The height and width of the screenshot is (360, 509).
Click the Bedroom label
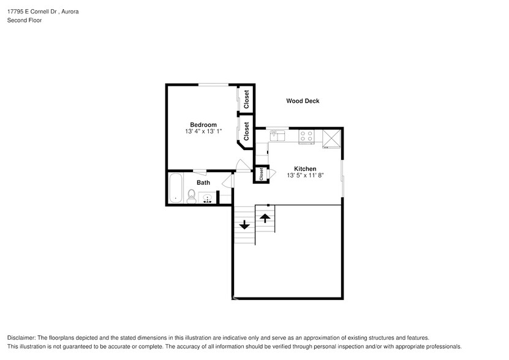[x=203, y=124]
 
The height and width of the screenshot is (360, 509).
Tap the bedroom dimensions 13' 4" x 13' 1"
[x=203, y=131]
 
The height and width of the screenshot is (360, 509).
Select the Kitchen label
[x=304, y=168]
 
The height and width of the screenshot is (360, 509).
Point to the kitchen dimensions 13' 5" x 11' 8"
[x=304, y=175]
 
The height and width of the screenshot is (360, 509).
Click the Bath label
[x=203, y=182]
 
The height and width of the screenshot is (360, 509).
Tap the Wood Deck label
[x=303, y=101]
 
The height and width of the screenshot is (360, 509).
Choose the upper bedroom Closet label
[x=246, y=99]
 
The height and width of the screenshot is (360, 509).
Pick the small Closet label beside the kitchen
[x=260, y=174]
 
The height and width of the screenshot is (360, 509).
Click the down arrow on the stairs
[x=244, y=225]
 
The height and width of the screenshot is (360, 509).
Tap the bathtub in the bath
[x=175, y=189]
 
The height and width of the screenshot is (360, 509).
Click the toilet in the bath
[x=191, y=196]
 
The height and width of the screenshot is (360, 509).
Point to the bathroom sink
[x=206, y=198]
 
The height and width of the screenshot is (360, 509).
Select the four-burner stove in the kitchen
[x=306, y=137]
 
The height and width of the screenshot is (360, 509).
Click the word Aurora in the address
[x=70, y=12]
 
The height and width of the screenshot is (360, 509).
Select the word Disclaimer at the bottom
[x=23, y=338]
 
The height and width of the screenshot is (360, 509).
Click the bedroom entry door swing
[x=242, y=165]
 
